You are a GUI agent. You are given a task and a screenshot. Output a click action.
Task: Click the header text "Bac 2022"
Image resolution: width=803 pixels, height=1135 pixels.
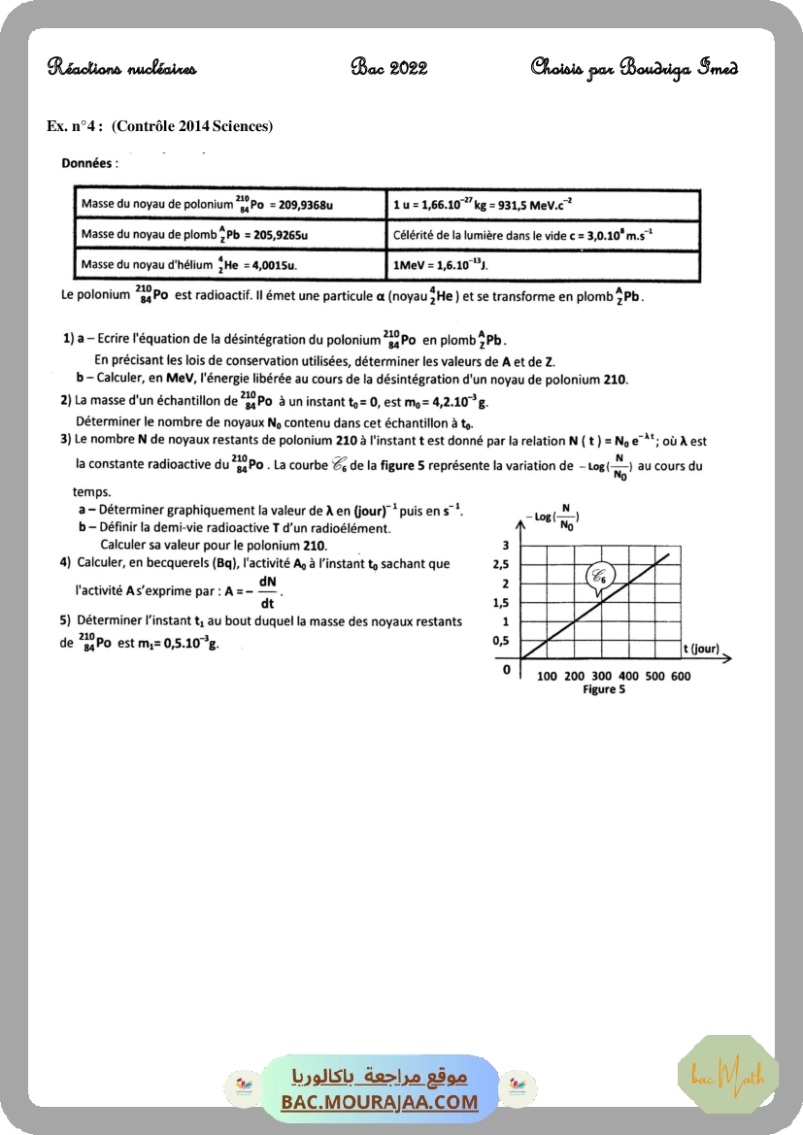[x=389, y=68]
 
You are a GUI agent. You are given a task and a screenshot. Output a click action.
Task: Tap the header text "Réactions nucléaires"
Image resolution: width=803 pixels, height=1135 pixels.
[x=122, y=68]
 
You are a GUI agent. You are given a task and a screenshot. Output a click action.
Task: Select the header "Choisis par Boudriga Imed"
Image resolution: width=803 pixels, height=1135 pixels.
[x=633, y=68]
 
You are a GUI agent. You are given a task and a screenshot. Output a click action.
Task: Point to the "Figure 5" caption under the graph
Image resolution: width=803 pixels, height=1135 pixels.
[x=603, y=689]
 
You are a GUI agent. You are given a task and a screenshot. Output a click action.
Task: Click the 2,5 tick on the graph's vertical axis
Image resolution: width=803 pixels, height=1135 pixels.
[x=501, y=565]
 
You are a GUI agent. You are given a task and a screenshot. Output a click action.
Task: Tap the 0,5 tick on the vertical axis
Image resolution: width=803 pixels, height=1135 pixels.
[x=501, y=641]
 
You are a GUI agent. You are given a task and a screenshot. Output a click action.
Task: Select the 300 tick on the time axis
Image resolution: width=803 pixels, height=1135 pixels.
[x=601, y=676]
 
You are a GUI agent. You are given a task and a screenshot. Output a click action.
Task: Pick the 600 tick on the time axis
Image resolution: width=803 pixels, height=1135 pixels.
[x=681, y=676]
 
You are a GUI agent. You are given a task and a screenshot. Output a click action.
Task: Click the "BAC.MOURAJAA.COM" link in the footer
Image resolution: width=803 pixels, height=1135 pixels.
[x=380, y=1102]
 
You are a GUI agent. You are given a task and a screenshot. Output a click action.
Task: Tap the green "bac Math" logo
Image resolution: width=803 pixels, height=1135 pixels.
[x=727, y=1075]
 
